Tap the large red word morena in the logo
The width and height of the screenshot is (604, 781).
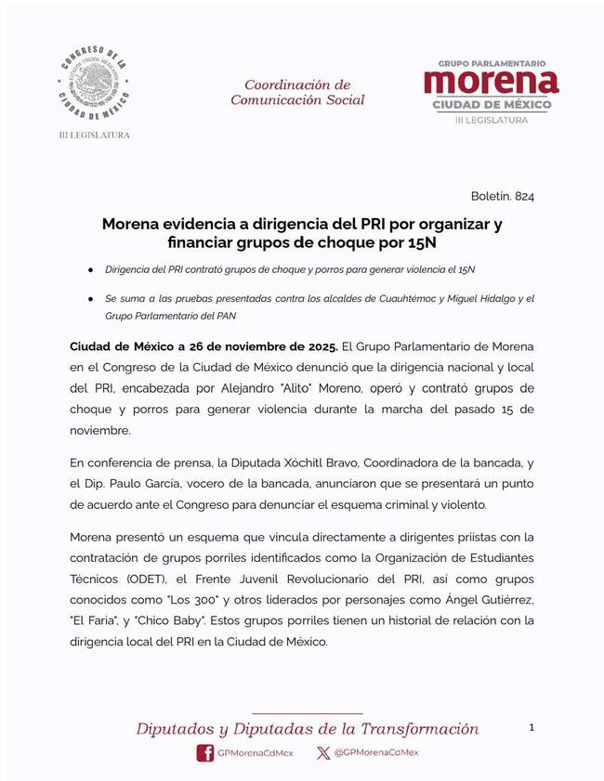coord(492,82)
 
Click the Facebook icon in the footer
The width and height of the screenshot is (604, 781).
coord(204,753)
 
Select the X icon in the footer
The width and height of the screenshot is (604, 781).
coord(322,753)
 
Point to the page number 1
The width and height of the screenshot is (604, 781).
coord(532,728)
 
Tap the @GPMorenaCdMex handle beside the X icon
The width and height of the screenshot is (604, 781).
coord(376,753)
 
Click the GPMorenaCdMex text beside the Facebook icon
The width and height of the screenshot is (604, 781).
coord(256,753)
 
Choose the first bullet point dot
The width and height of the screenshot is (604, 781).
coord(90,269)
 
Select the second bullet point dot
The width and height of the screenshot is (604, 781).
coord(90,299)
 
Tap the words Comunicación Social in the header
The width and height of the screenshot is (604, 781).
coord(297,100)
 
